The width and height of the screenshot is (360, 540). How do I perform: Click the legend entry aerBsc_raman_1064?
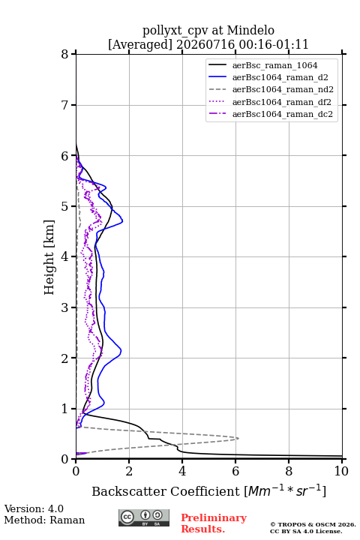[x=274, y=65]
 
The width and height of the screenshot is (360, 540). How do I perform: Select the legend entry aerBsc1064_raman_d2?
[x=280, y=77]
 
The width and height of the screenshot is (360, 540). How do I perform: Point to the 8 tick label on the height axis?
[x=64, y=54]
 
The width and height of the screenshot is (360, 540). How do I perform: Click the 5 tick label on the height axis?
[x=64, y=206]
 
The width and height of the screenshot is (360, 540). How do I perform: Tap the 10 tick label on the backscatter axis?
[x=341, y=471]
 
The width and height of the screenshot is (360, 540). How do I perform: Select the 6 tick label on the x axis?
[x=235, y=471]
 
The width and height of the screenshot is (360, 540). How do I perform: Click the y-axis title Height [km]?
[x=49, y=257]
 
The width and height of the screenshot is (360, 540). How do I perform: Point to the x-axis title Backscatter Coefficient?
[x=165, y=491]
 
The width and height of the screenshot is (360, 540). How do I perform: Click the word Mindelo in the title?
[x=250, y=30]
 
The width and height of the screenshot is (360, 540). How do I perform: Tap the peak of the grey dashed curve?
[x=238, y=438]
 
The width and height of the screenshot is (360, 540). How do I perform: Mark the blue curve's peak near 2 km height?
[x=121, y=351]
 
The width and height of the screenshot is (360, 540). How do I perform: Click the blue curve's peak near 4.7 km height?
[x=123, y=220]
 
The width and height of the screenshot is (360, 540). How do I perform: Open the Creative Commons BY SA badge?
[x=144, y=517]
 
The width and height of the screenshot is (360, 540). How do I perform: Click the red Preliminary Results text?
[x=214, y=523]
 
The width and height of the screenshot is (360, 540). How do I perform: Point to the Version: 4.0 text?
[x=34, y=508]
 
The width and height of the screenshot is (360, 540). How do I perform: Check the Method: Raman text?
[x=44, y=520]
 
